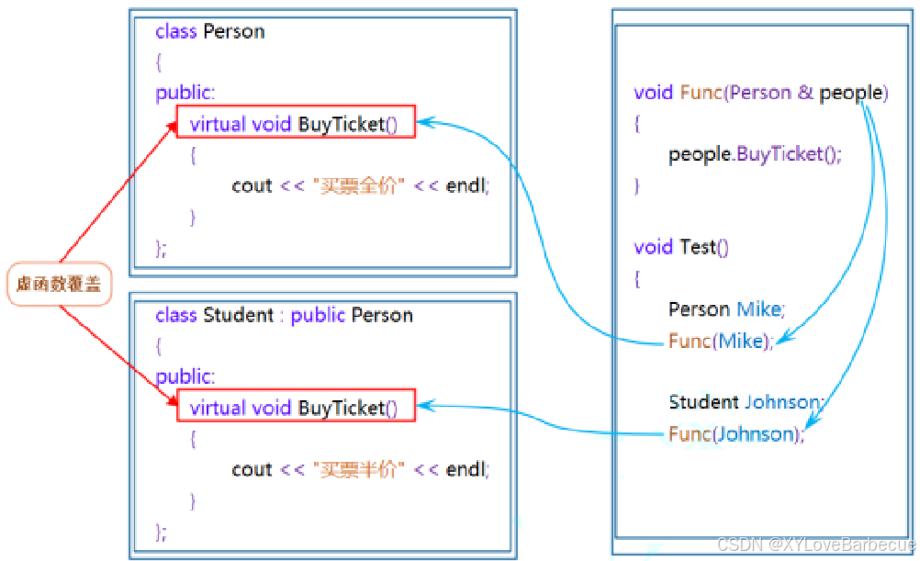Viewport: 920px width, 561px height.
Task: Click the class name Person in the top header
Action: [x=234, y=31]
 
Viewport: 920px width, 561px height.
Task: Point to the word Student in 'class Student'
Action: [x=238, y=315]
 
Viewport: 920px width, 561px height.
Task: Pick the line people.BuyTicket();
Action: [x=755, y=154]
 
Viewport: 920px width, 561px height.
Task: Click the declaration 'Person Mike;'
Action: [x=726, y=309]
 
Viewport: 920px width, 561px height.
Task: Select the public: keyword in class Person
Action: [x=185, y=93]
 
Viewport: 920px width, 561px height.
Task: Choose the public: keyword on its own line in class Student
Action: [x=185, y=376]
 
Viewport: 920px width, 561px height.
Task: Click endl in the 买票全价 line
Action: [x=466, y=185]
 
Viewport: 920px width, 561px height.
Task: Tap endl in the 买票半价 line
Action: [x=466, y=469]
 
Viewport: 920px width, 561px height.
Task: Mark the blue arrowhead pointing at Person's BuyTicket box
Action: [x=427, y=122]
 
